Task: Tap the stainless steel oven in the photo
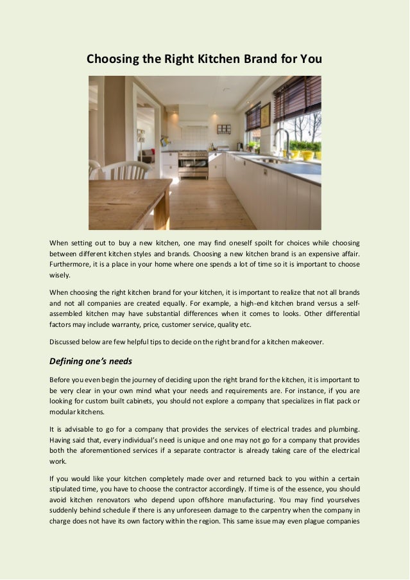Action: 192,164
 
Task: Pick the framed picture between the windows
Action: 265,116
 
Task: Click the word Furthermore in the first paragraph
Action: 72,264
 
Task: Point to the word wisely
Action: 60,275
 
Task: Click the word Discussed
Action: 67,342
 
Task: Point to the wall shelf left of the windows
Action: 224,129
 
